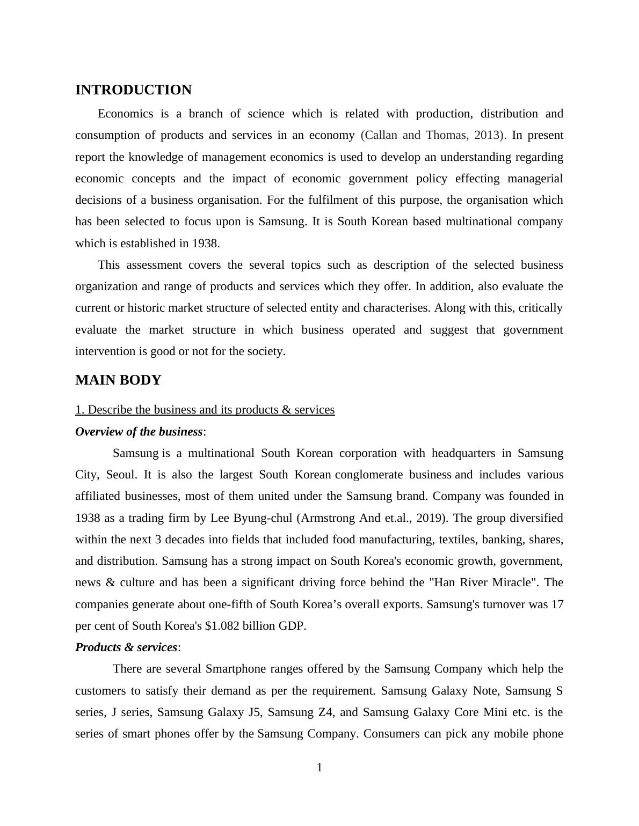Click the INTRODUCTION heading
[x=133, y=90]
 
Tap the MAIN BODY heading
[x=118, y=380]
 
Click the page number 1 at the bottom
[x=319, y=768]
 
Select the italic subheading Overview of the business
[x=139, y=432]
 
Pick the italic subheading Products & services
[x=126, y=647]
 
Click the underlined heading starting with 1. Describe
[x=205, y=410]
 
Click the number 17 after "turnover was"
[x=557, y=604]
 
